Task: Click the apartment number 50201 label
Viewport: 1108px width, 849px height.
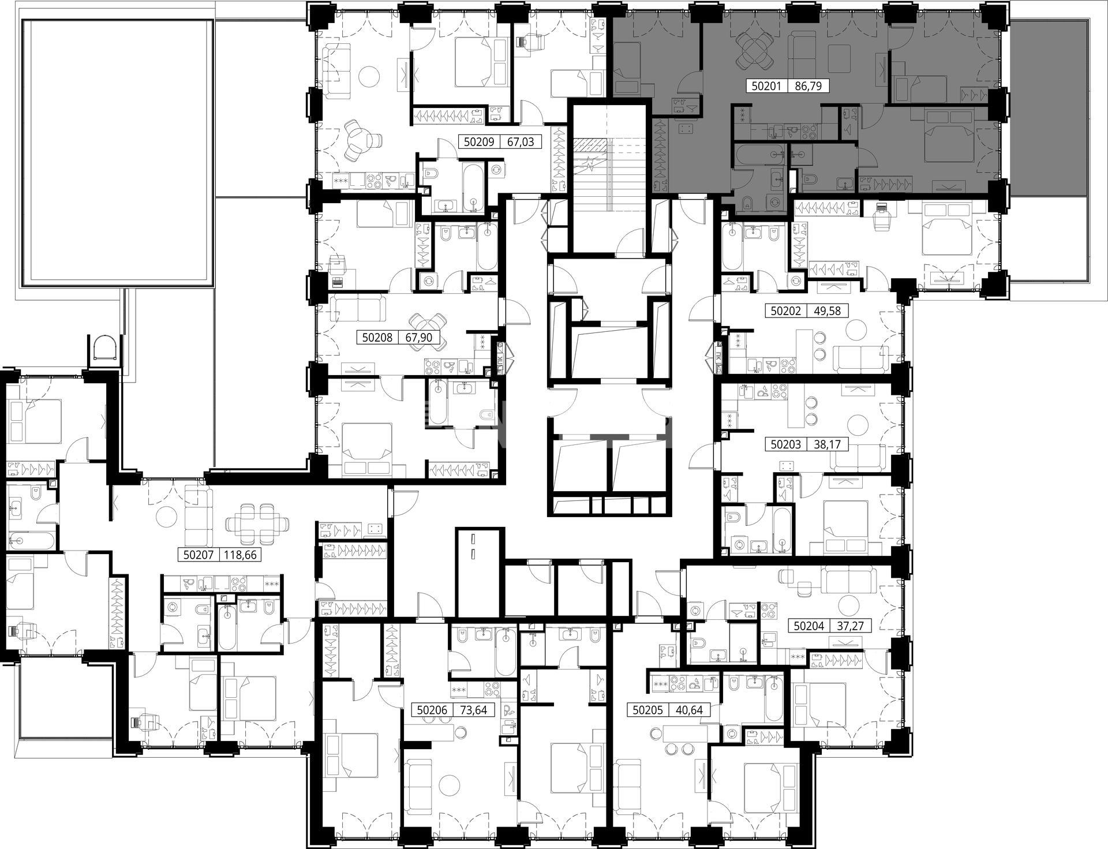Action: (766, 87)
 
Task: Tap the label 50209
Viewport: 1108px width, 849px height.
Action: (479, 141)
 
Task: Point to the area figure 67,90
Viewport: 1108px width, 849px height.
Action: (419, 337)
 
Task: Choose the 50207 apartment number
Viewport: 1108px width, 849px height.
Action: (199, 555)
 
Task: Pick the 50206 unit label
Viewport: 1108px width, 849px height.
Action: (432, 710)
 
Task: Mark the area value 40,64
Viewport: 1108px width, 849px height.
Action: (690, 710)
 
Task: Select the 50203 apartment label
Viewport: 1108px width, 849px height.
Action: (786, 444)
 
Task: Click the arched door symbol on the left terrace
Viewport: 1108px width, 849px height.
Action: (106, 347)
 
